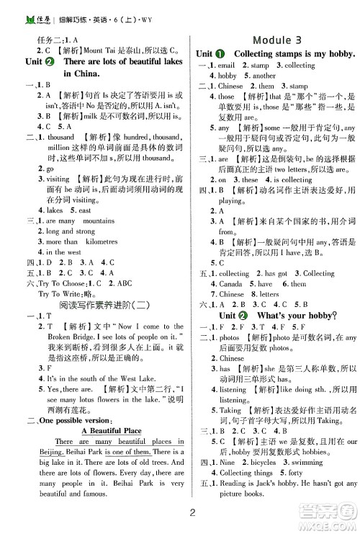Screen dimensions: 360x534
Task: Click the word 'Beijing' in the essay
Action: pos(42,451)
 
